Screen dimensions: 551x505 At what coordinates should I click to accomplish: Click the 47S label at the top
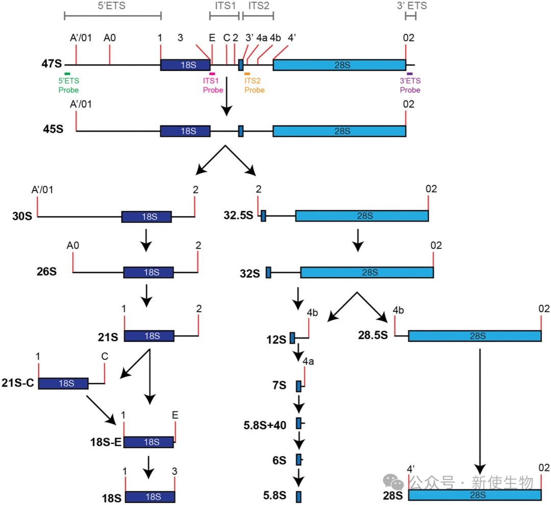tap(52, 64)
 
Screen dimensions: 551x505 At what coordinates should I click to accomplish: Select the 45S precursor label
tap(53, 129)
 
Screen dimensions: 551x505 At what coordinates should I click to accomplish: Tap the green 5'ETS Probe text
tap(68, 85)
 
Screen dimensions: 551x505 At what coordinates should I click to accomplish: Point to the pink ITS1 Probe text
tap(213, 85)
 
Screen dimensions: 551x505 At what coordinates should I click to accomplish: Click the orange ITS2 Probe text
tap(255, 85)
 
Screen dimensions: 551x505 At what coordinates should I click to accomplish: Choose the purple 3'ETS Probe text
tap(410, 85)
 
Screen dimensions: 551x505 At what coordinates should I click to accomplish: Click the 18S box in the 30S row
tap(146, 217)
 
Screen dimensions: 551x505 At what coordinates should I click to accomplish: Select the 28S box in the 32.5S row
tap(362, 216)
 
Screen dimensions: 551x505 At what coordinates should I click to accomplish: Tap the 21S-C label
tap(18, 382)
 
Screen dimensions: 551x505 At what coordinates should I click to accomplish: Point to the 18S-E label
tap(106, 442)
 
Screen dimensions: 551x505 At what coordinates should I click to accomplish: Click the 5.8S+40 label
tap(265, 425)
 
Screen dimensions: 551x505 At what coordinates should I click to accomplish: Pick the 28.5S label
tap(373, 335)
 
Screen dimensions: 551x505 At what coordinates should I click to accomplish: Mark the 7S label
tap(280, 386)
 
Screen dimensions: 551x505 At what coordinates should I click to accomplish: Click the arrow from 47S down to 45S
tap(227, 97)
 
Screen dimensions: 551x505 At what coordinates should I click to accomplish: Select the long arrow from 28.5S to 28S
tap(480, 412)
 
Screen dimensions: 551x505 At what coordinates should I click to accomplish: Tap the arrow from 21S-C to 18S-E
tap(101, 410)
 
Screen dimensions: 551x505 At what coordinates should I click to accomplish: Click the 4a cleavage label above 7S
tap(308, 361)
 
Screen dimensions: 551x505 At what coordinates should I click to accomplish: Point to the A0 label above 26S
tap(73, 245)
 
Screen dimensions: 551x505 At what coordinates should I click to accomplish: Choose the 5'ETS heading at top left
tap(111, 6)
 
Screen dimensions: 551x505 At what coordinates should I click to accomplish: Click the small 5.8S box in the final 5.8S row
tap(298, 497)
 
